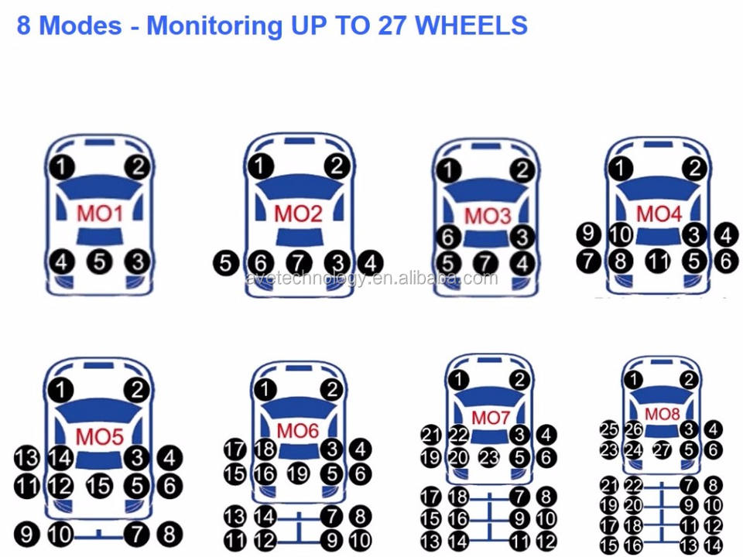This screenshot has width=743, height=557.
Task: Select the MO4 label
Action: [659, 214]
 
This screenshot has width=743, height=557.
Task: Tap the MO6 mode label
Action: [298, 430]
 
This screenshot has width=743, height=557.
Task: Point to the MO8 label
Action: [662, 414]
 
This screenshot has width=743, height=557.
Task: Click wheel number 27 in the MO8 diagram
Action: [662, 449]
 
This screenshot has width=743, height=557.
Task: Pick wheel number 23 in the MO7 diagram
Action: [489, 457]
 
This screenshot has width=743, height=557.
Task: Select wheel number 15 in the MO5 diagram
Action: [99, 487]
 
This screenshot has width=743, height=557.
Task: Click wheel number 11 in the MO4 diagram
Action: [658, 261]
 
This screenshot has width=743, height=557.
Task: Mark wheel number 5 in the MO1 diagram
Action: [99, 261]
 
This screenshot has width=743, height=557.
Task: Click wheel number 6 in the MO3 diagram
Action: [449, 237]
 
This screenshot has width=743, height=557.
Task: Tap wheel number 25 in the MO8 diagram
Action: [609, 428]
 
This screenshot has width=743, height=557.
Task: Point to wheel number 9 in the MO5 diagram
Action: [27, 534]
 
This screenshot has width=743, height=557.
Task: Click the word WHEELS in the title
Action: [471, 26]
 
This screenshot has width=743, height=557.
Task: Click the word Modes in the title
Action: [80, 26]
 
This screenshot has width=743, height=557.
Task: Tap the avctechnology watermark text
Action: [371, 278]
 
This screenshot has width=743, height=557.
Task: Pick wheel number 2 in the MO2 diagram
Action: [337, 166]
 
